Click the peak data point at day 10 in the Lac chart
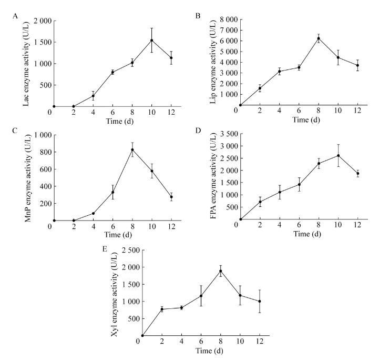(x=152, y=41)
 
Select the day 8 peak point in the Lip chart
(x=319, y=38)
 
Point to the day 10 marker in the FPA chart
(x=338, y=155)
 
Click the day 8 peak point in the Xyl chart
(x=221, y=271)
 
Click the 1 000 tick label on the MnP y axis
(x=41, y=135)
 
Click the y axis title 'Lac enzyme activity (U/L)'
(x=26, y=64)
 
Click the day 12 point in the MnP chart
(x=171, y=197)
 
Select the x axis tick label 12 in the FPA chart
(x=357, y=226)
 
